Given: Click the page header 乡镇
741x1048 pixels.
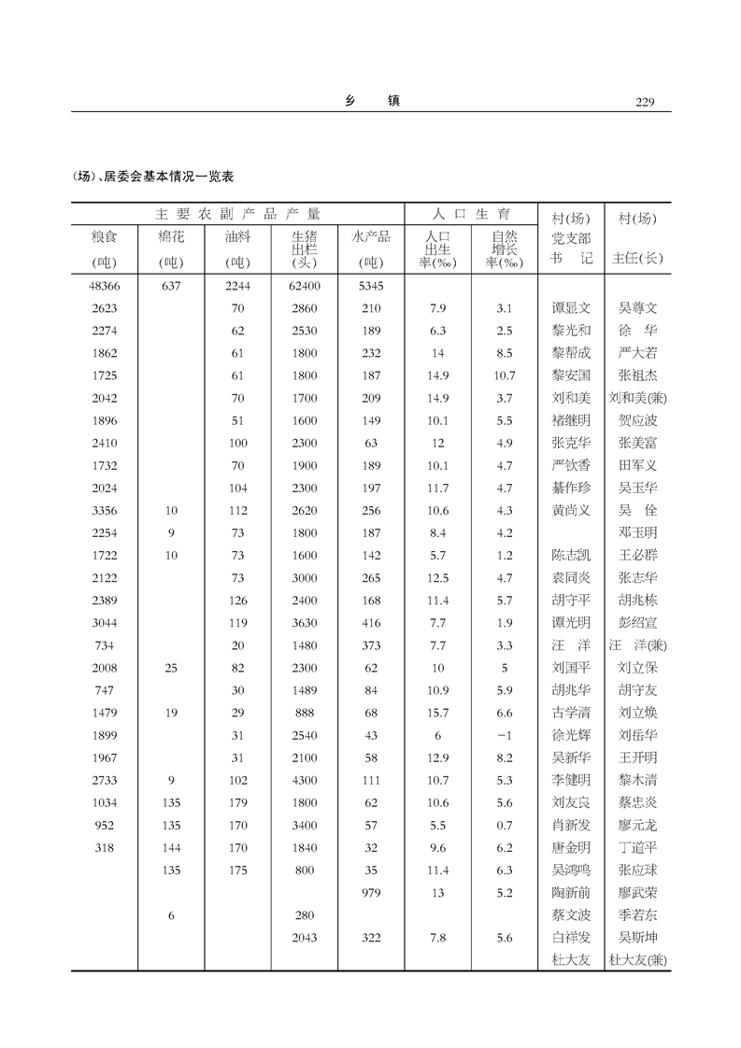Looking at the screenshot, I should click(x=372, y=101).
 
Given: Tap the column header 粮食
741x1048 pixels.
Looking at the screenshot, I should click(x=105, y=238).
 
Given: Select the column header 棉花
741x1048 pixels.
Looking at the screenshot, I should click(x=171, y=238).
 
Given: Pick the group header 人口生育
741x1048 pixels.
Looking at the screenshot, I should click(x=470, y=214).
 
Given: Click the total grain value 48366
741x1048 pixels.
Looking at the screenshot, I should click(x=105, y=285).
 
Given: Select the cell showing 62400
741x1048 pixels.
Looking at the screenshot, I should click(x=305, y=285).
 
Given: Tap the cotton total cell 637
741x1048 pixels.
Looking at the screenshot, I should click(x=171, y=285).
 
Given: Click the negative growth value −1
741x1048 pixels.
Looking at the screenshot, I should click(x=505, y=735).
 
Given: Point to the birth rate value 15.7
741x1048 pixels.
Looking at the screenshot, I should click(x=437, y=713).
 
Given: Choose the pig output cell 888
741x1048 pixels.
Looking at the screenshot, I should click(x=305, y=713).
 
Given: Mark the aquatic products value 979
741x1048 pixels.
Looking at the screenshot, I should click(x=371, y=893).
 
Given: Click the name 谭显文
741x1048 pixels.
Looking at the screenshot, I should click(x=571, y=307).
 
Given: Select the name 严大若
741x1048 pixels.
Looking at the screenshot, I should click(x=637, y=353).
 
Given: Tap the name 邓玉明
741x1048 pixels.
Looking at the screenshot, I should click(x=637, y=532).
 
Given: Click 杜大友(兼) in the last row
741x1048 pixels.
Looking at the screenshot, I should click(x=637, y=960).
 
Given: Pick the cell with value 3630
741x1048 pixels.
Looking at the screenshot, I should click(x=305, y=622).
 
